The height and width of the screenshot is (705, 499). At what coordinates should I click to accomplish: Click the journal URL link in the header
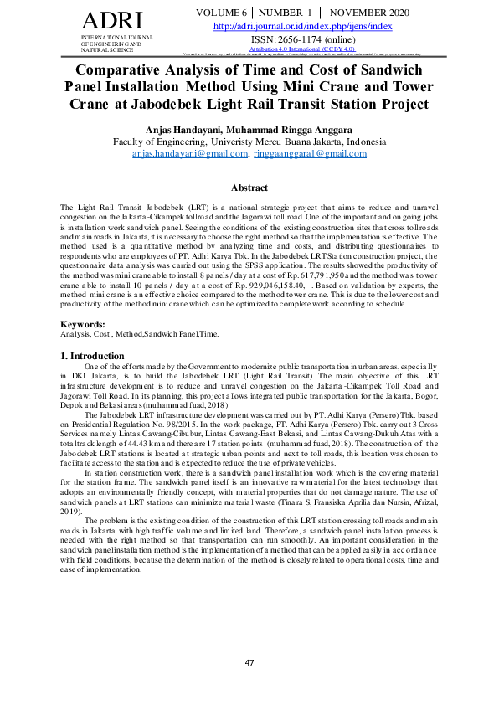point(303,27)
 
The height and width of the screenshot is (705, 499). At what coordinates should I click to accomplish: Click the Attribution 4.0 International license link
point(302,50)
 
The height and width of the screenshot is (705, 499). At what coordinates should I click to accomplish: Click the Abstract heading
point(249,188)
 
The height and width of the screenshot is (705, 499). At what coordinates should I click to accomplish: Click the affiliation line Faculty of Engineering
point(249,142)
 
